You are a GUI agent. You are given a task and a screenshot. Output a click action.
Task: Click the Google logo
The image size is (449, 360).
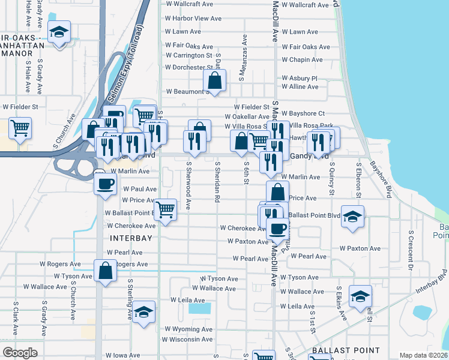coord(20,353)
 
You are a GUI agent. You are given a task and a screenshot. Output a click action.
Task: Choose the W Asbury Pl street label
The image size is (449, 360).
coord(299,79)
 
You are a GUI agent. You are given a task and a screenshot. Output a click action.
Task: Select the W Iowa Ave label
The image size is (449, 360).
coord(126,355)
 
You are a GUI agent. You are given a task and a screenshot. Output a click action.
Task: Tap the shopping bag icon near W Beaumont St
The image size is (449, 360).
coord(214,80)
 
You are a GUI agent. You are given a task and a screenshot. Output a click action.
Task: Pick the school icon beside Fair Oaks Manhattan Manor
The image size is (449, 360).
coord(59,32)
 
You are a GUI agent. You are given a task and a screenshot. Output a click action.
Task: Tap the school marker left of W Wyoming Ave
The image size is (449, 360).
coord(143,312)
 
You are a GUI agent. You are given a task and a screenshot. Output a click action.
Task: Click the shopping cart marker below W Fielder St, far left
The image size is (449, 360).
coord(20,128)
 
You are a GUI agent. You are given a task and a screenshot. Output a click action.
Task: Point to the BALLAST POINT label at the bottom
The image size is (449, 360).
coord(345,350)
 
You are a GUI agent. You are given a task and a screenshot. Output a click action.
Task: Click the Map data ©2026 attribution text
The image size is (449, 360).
coord(423,355)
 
